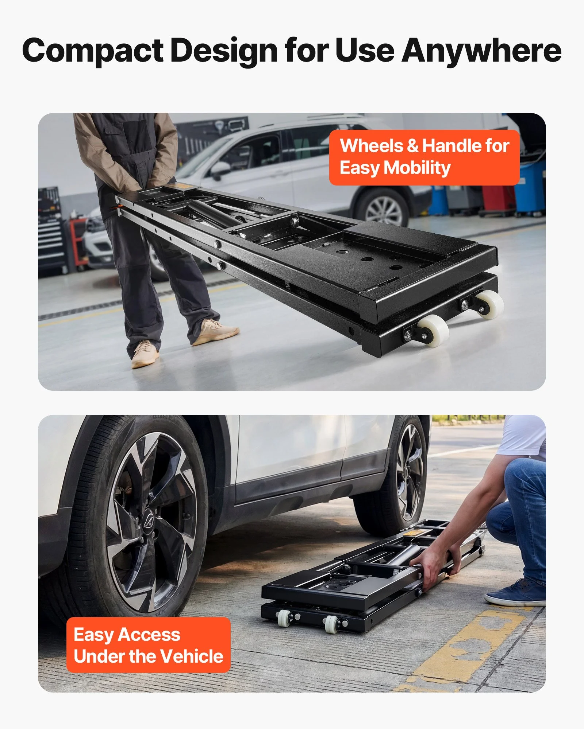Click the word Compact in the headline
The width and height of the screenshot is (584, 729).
[93, 51]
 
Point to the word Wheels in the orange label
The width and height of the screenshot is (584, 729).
[372, 146]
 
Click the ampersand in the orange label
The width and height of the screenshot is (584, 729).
[412, 146]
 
